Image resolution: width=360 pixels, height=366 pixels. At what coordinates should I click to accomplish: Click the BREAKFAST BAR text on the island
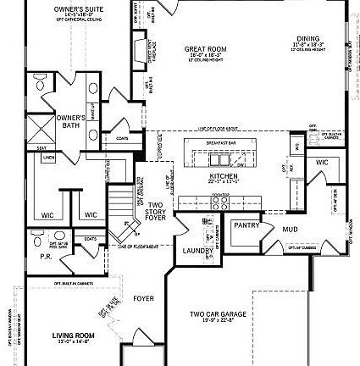pos(223,143)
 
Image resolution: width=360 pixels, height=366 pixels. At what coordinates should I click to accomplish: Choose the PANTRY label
pos(246,225)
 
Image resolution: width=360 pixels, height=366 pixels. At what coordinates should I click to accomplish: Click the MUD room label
pos(290,229)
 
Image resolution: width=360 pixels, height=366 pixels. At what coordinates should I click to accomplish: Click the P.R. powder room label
pos(46,255)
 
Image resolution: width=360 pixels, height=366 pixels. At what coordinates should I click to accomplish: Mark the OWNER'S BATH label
pos(70,121)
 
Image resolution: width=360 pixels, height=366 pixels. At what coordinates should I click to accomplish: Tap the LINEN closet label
pos(49,158)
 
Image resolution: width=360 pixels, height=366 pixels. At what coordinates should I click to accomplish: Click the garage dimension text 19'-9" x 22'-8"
pos(218,320)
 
